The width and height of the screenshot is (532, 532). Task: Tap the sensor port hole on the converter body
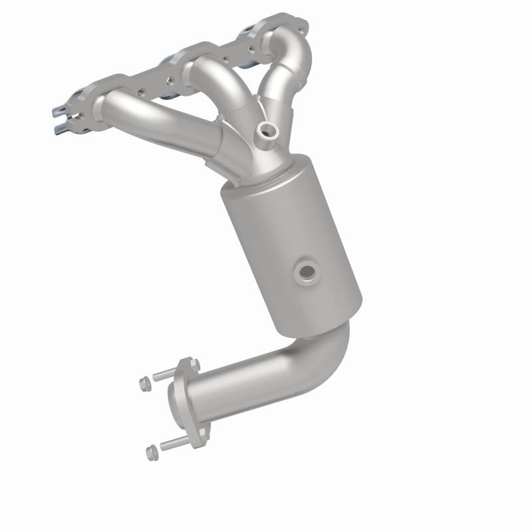tap(307, 270)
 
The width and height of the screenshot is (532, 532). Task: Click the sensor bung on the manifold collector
tap(268, 130)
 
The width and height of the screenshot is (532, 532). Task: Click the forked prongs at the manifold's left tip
tap(63, 116)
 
